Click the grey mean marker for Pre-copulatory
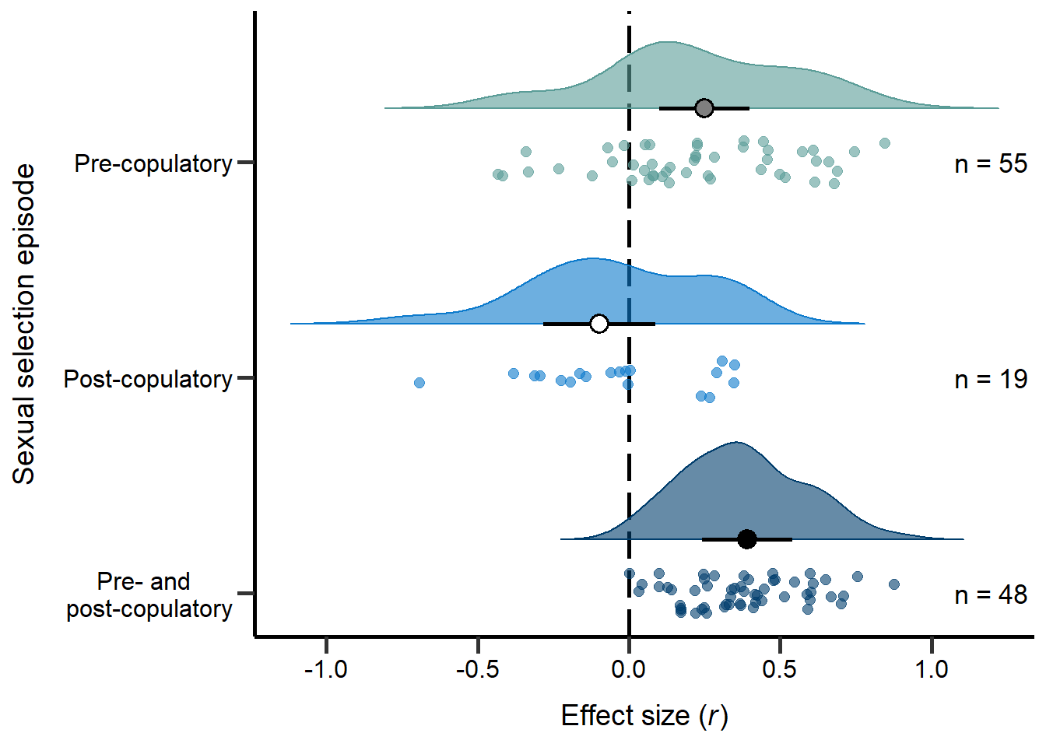click(704, 108)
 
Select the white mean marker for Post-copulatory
click(598, 324)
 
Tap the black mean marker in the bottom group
click(746, 539)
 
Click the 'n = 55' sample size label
click(991, 164)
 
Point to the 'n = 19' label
click(991, 380)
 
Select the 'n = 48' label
click(991, 595)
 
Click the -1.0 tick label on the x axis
click(325, 668)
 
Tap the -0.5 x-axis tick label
click(477, 668)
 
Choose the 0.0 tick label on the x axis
click(629, 668)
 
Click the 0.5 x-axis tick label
click(780, 668)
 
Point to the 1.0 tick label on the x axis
click(932, 668)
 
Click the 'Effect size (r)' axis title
click(644, 716)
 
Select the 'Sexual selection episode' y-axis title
click(25, 324)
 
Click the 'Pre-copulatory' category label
click(153, 164)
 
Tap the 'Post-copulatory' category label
click(148, 380)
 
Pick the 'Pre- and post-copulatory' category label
click(149, 595)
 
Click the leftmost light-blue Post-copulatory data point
click(419, 383)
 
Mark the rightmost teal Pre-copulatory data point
click(884, 143)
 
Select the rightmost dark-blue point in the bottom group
click(893, 584)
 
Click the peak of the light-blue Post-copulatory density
click(591, 258)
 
